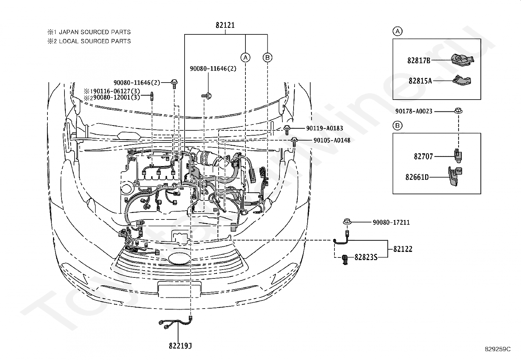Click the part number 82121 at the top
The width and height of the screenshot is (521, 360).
point(225,25)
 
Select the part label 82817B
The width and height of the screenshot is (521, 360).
point(419,61)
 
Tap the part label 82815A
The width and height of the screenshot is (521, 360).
point(420,81)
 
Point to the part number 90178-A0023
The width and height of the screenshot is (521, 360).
point(414,111)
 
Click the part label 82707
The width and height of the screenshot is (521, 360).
point(423,157)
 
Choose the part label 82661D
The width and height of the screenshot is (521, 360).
point(417,177)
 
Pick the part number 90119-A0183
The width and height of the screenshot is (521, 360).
point(324,128)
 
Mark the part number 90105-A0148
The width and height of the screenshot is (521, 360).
point(332,140)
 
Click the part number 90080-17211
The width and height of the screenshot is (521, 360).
point(391,222)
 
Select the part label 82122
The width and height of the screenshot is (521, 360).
point(403,249)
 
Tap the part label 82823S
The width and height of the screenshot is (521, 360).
point(366,257)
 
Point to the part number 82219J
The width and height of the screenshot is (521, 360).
point(180,346)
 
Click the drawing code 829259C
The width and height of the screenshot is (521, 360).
point(498,349)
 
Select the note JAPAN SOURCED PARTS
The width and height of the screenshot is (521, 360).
point(95,32)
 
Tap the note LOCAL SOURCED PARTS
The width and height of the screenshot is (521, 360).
point(95,41)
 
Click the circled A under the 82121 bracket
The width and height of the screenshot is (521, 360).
point(245,58)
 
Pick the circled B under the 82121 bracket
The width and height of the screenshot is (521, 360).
point(267,58)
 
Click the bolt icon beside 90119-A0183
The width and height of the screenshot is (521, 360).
point(287,130)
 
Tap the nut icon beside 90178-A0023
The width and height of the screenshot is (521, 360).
point(458,111)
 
